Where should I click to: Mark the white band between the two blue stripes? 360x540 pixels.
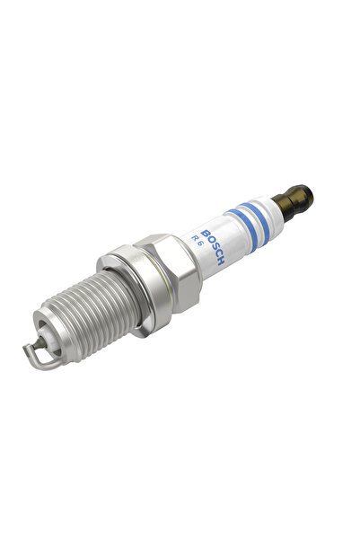click(x=246, y=222)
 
